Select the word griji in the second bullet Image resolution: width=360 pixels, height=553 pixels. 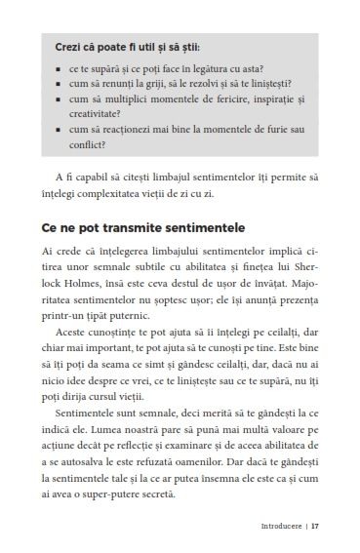[x=166, y=84]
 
